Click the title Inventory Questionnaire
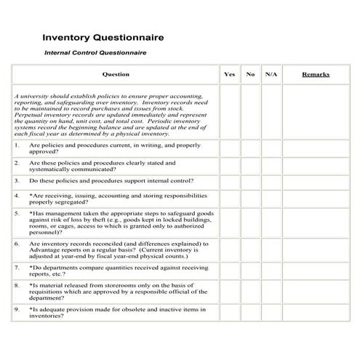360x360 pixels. point(103,36)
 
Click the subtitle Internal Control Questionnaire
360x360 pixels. point(95,53)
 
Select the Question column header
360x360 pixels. point(116,74)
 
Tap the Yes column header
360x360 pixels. point(229,74)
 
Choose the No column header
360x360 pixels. point(250,74)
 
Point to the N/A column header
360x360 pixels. point(271,74)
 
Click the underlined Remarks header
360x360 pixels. point(315,74)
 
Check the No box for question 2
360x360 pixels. point(250,167)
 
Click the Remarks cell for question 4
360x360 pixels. point(315,199)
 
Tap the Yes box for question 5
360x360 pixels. point(229,223)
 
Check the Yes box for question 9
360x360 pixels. point(229,313)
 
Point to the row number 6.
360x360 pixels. point(17,244)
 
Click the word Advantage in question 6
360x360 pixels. point(46,251)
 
